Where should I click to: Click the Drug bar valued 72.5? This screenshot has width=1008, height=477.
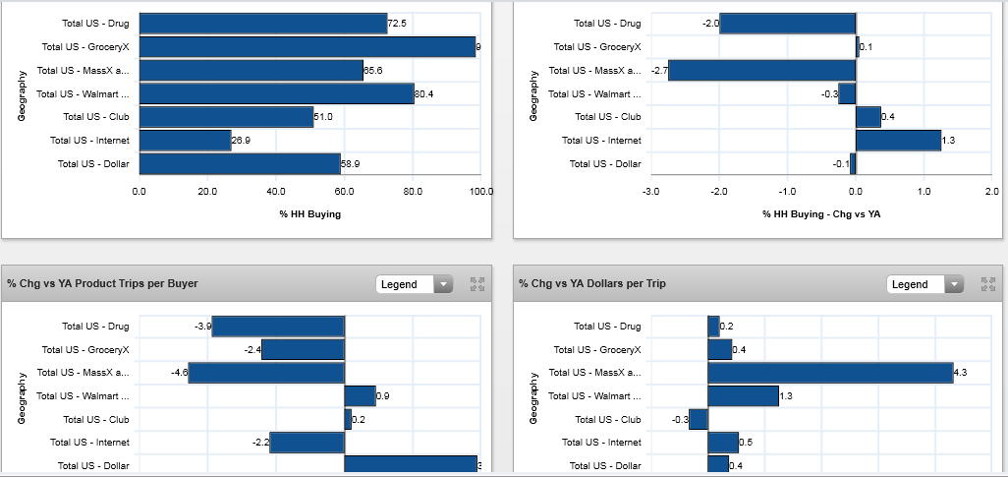click(263, 23)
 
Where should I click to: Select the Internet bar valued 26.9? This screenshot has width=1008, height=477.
click(186, 141)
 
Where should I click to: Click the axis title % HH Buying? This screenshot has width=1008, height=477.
click(309, 213)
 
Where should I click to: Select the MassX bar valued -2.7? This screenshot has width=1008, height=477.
click(762, 70)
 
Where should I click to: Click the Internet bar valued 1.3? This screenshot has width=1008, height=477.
click(898, 141)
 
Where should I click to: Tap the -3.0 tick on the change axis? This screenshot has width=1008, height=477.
click(650, 192)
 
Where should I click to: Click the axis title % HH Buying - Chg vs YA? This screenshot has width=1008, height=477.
click(821, 213)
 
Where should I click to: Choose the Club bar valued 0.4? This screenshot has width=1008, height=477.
click(868, 117)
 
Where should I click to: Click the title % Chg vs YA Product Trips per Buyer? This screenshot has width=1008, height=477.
click(103, 283)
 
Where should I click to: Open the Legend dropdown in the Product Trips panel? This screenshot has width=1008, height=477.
click(414, 284)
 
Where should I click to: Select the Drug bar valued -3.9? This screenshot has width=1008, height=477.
click(278, 326)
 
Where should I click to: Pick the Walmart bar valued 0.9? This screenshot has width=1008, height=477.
click(360, 395)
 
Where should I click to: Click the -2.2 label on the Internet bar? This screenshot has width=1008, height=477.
click(259, 443)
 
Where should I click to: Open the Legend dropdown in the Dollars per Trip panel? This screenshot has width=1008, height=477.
click(924, 284)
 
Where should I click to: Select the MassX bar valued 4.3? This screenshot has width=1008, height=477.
click(830, 373)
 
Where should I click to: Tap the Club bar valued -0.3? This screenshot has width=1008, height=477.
click(699, 419)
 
